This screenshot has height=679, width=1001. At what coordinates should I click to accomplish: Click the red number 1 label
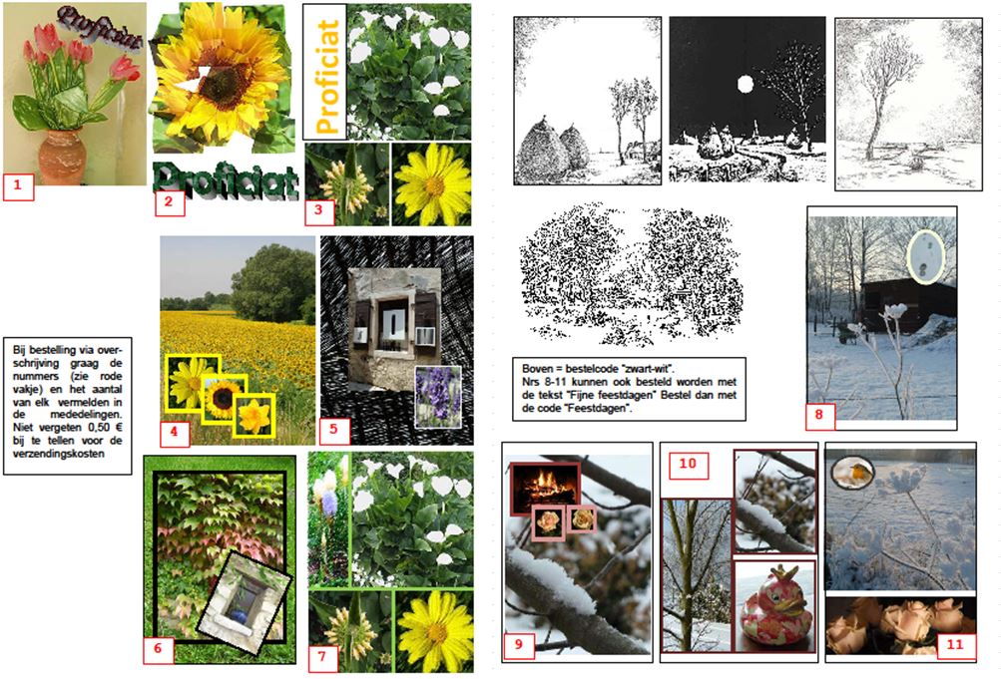point(18,186)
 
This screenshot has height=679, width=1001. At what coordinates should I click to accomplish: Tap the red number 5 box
point(334,429)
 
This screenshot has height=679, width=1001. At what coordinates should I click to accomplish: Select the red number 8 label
point(819,415)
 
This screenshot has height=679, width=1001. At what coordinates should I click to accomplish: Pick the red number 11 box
point(955,644)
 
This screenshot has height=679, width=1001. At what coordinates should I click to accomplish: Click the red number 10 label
point(689,465)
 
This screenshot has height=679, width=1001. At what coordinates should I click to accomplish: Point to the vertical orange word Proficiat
point(326,77)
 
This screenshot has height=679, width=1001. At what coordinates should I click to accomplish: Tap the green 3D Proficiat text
point(226,179)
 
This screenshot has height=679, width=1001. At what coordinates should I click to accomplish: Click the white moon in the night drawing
point(745,84)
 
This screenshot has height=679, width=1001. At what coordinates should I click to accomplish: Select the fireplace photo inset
point(545,489)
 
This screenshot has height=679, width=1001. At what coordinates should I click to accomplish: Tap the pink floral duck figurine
point(773,605)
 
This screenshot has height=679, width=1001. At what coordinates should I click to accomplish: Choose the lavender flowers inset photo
point(438,397)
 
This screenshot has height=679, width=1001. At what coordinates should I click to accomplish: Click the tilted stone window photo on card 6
point(244,602)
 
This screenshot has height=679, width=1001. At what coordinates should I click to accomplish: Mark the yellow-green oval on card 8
point(926,256)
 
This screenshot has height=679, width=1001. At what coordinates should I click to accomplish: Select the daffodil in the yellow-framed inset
point(254,415)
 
